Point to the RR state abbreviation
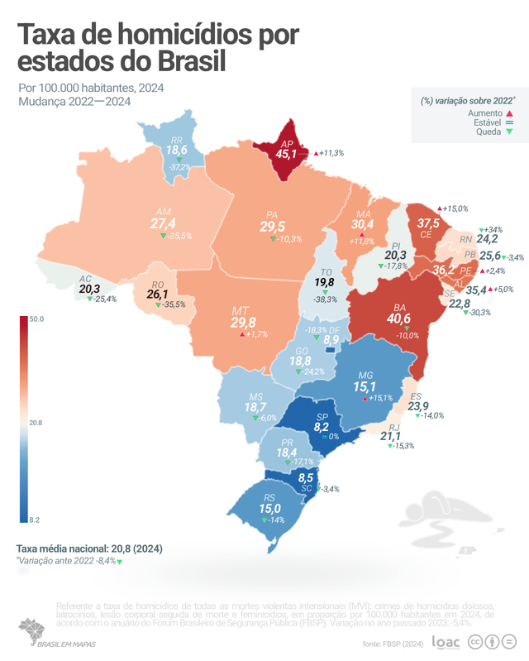pos(176,141)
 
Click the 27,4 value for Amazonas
pos(163,223)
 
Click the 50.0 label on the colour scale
pos(36,319)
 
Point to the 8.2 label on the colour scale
pos(36,520)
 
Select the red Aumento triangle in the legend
pos(510,113)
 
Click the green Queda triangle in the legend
pos(510,131)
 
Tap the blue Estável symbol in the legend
pos(510,122)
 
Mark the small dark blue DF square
pos(331,351)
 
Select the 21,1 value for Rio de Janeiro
pos(390,436)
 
